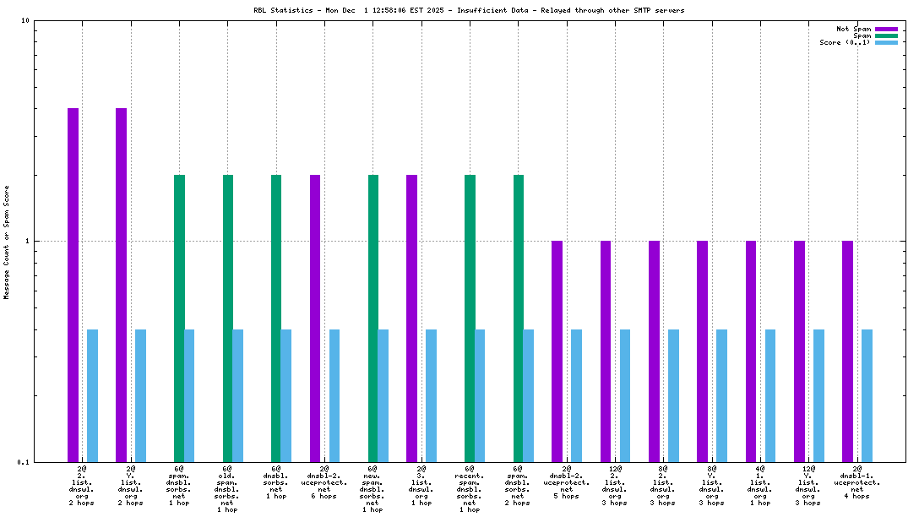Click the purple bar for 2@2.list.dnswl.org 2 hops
73,285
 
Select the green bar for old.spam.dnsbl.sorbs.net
228,318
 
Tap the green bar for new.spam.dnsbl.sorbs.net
373,318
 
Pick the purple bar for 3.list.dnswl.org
412,318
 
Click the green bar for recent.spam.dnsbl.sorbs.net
470,318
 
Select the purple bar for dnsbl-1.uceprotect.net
847,351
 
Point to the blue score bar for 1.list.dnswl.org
770,395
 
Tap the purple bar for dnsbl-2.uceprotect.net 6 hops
315,318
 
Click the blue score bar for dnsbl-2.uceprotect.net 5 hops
576,395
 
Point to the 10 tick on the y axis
25,20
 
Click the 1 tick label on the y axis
27,241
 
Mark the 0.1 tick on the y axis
24,462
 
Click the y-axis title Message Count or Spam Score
7,242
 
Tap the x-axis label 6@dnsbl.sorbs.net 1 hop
276,482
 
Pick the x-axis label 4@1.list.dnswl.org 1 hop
760,485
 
